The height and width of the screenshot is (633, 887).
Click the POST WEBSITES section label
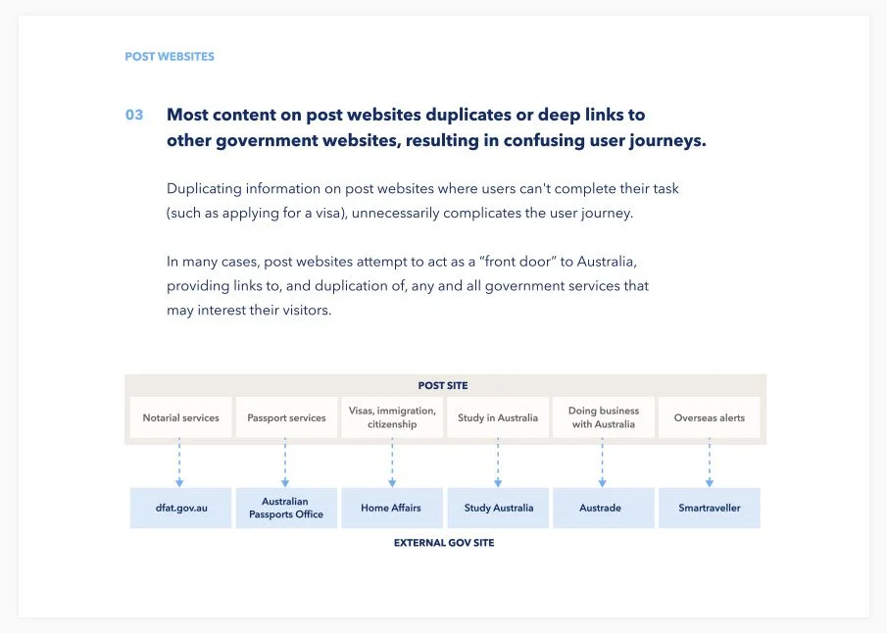pos(169,57)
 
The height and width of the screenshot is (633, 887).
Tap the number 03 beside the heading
pos(134,115)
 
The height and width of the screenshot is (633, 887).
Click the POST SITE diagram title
pos(443,386)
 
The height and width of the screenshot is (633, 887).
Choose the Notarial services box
pos(180,417)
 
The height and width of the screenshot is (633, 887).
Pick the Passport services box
pos(286,417)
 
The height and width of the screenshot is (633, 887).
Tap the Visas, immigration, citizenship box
pos(392,417)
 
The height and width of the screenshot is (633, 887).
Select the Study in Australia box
pos(498,417)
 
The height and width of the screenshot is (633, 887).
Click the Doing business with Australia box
pos(603,417)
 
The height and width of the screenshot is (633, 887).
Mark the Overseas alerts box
pos(709,417)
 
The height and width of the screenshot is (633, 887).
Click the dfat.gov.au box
pos(180,509)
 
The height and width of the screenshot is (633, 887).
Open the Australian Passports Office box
pos(286,509)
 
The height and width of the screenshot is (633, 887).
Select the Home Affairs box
pos(392,509)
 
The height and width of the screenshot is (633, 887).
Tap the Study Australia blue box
pos(498,509)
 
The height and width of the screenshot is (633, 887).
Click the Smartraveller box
pos(709,509)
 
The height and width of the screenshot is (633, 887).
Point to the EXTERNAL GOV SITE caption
pos(443,543)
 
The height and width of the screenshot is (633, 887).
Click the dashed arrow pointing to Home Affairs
pos(392,463)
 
